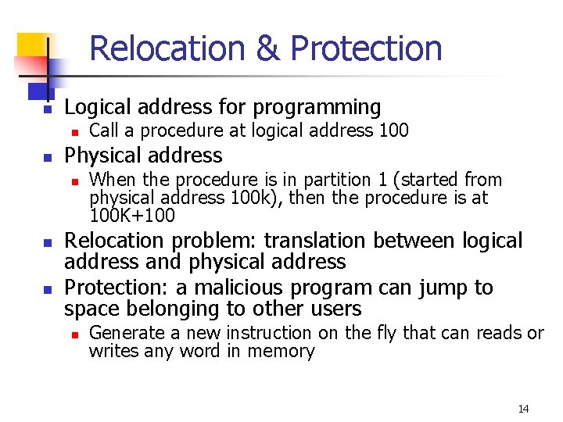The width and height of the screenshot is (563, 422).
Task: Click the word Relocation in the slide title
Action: (x=168, y=48)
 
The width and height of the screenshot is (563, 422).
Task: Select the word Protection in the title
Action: (x=366, y=48)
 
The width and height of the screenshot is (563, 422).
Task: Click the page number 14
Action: (x=523, y=409)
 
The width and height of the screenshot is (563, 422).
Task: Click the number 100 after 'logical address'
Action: (x=393, y=131)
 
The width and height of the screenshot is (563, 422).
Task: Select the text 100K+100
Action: (x=132, y=215)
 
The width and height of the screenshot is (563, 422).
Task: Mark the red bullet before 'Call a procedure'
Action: (x=74, y=131)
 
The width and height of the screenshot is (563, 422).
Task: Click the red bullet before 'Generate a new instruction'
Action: (x=74, y=334)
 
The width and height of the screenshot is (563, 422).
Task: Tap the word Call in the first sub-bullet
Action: (x=103, y=131)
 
